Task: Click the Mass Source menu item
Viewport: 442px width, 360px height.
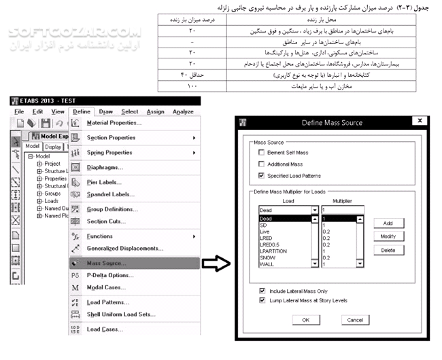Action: click(x=107, y=263)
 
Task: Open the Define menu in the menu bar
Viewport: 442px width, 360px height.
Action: click(x=81, y=111)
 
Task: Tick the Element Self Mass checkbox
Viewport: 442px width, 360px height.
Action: click(x=262, y=154)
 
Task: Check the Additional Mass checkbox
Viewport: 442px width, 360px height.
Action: click(x=262, y=164)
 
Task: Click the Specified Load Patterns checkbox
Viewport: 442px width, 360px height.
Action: click(x=262, y=175)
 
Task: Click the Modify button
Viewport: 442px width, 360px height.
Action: click(x=388, y=236)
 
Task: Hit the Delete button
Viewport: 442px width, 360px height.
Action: click(x=388, y=250)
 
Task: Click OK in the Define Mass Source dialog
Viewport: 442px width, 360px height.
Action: click(x=305, y=319)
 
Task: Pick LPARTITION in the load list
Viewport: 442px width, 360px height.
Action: click(x=274, y=251)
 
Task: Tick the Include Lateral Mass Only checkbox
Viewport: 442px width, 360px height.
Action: click(x=262, y=290)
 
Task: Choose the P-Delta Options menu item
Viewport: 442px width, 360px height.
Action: click(x=109, y=275)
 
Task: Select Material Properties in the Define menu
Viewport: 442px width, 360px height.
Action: click(x=114, y=123)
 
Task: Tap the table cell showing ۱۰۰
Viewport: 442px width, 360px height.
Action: click(x=192, y=86)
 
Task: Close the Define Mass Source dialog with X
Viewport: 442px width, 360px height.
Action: click(x=420, y=122)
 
